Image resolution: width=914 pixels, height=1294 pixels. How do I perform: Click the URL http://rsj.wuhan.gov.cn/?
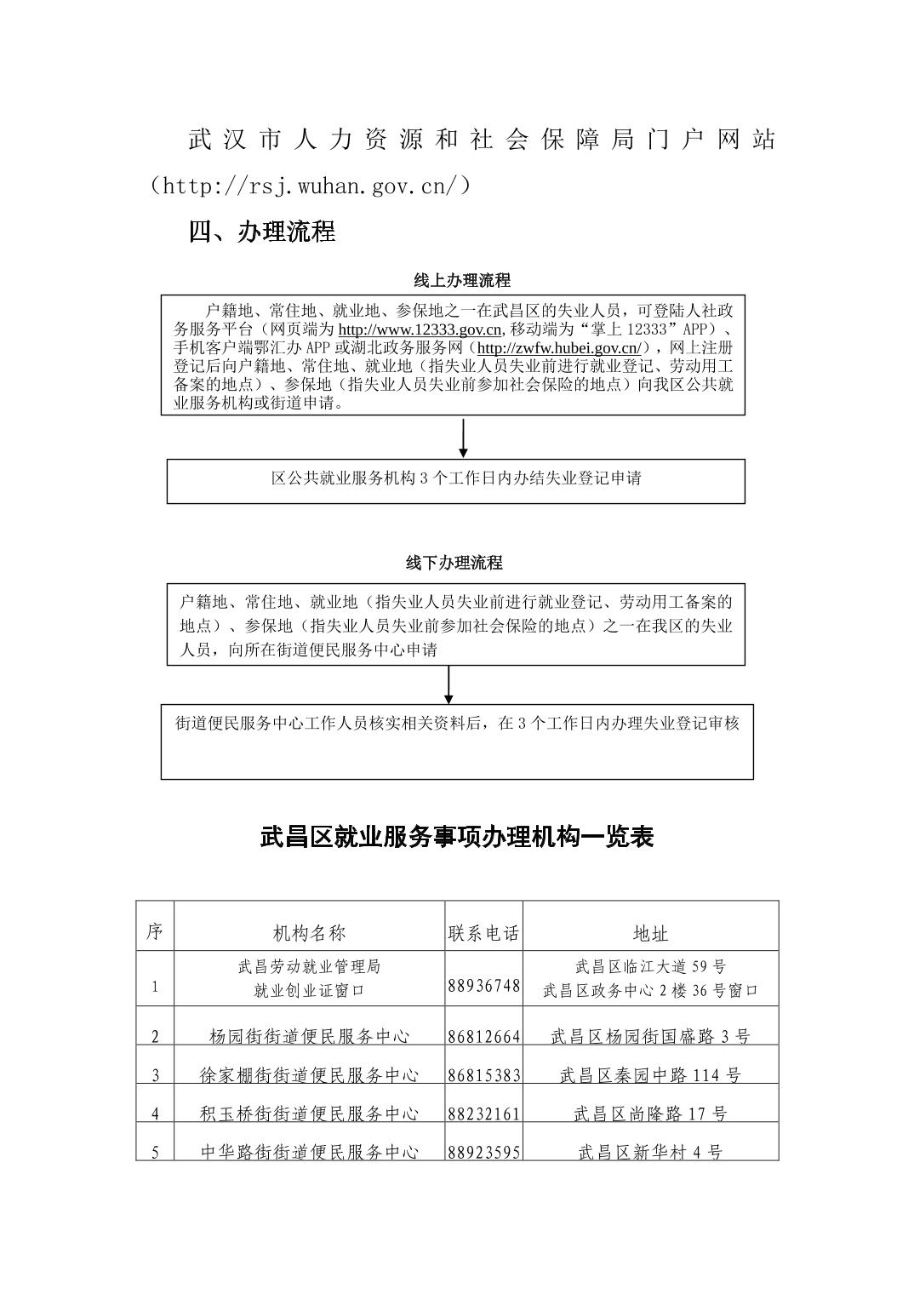pos(311,186)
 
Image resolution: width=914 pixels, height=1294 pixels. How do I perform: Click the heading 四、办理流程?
pos(262,232)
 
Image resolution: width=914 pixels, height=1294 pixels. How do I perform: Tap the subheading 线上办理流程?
pos(462,280)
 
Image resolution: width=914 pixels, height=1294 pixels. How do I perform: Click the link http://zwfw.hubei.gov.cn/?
pos(559,348)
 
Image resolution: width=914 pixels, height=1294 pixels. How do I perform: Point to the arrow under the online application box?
pos(463,438)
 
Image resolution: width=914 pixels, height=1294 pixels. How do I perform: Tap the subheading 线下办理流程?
pos(454,563)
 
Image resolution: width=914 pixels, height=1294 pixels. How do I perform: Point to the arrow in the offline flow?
pos(448,684)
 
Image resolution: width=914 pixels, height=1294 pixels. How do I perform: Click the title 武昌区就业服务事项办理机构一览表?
pos(457,837)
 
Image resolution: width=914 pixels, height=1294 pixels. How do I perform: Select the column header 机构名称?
pos(309,933)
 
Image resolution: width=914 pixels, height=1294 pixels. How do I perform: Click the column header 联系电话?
pos(483,933)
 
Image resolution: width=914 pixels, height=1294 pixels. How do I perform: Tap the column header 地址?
pos(651,933)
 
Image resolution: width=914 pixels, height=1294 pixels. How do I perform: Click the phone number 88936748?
pos(483,986)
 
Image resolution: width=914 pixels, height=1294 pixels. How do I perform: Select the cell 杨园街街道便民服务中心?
pos(309,1036)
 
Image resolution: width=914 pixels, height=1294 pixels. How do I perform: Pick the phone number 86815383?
pos(483,1075)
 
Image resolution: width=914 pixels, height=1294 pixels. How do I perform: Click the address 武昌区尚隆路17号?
pos(651,1114)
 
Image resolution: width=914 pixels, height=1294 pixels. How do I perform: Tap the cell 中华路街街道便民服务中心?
pos(309,1152)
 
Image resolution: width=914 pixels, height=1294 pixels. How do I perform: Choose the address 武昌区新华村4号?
pos(651,1152)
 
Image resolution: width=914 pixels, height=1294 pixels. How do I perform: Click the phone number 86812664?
pos(483,1036)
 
